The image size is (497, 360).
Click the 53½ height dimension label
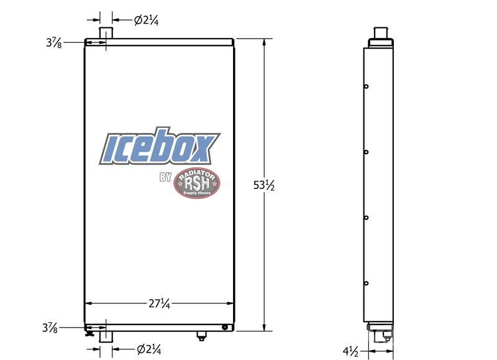pyautogui.click(x=263, y=185)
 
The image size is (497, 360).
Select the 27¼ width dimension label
pyautogui.click(x=160, y=304)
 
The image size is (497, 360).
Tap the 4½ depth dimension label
pyautogui.click(x=350, y=351)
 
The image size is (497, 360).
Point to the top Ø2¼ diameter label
pyautogui.click(x=146, y=21)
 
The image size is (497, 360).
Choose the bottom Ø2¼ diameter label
pyautogui.click(x=148, y=349)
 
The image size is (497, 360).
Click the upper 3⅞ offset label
pyautogui.click(x=54, y=42)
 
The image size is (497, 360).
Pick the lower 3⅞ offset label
pyautogui.click(x=50, y=328)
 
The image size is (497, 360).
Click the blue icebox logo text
pyautogui.click(x=160, y=147)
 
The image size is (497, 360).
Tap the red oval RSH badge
pyautogui.click(x=197, y=183)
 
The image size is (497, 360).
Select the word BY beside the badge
pyautogui.click(x=165, y=177)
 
